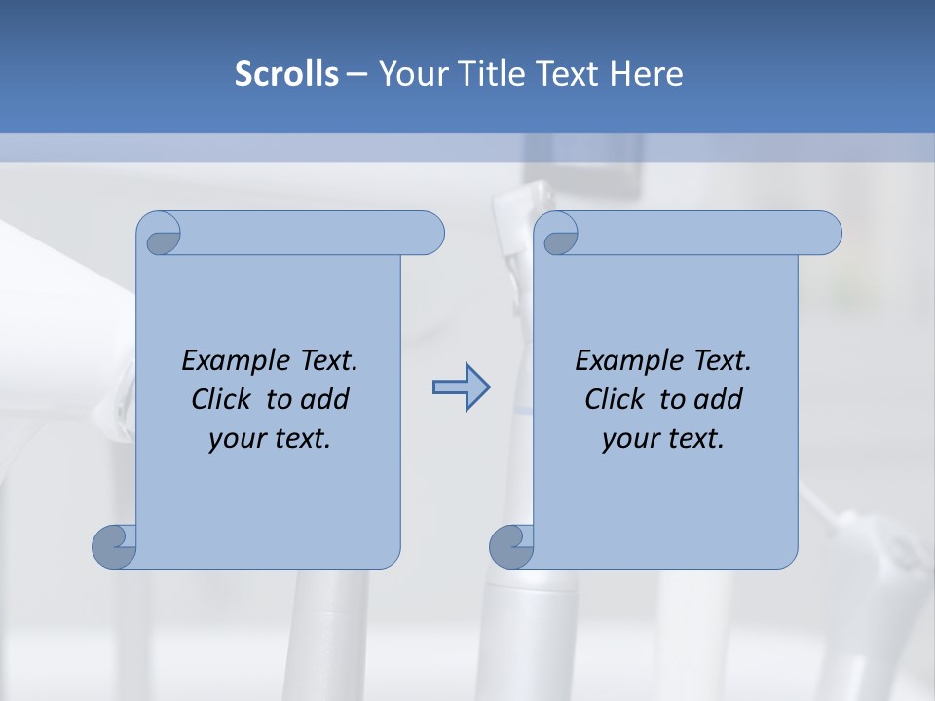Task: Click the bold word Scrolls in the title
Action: point(287,74)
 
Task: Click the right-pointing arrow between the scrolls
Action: point(461,387)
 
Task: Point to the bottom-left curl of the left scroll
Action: point(114,546)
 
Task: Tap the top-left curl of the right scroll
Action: point(558,235)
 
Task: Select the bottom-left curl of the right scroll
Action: point(511,546)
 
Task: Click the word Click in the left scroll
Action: point(222,399)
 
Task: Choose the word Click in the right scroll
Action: point(615,399)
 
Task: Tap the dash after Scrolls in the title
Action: point(356,74)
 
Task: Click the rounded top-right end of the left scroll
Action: point(430,233)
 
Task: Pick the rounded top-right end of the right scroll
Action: point(827,233)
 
